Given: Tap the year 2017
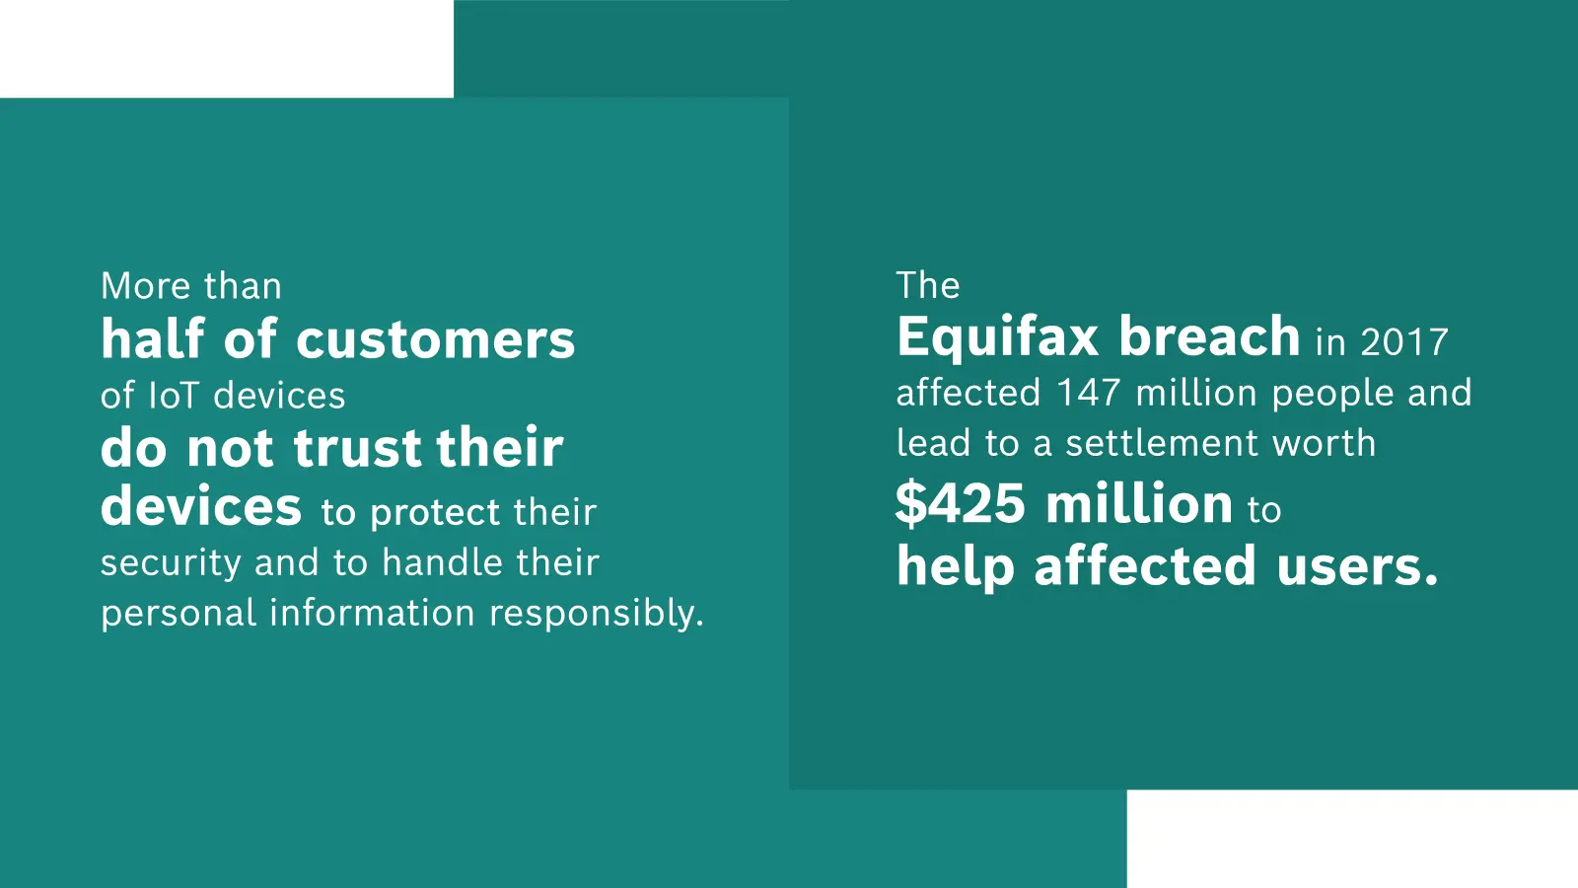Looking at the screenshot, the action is [x=1404, y=343].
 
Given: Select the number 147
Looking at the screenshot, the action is [x=1089, y=393].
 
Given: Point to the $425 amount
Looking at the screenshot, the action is [x=961, y=504].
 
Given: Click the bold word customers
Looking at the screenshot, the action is [x=435, y=339].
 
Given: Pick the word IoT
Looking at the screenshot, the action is [x=174, y=396].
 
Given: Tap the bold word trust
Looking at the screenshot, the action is [x=357, y=448].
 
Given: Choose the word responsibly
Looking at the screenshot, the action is [x=597, y=613].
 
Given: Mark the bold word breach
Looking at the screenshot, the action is [x=1209, y=336].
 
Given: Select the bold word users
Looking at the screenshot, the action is [x=1357, y=565].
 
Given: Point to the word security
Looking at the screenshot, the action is [x=172, y=563].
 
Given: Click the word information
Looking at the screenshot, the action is [x=372, y=612].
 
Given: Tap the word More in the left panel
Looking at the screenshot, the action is [x=146, y=286].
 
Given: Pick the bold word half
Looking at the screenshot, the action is [x=153, y=338].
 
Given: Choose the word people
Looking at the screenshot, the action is [x=1332, y=394].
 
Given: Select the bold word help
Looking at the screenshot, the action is [x=956, y=566].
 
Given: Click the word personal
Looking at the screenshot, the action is [x=179, y=613].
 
